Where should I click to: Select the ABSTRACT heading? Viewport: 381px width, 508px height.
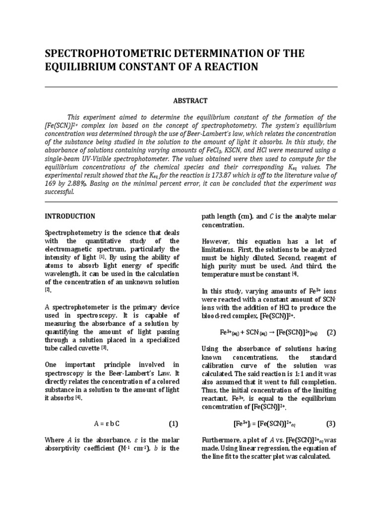[190, 101]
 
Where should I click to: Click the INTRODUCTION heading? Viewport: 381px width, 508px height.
[70, 216]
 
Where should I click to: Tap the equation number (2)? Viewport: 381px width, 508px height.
[331, 332]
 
